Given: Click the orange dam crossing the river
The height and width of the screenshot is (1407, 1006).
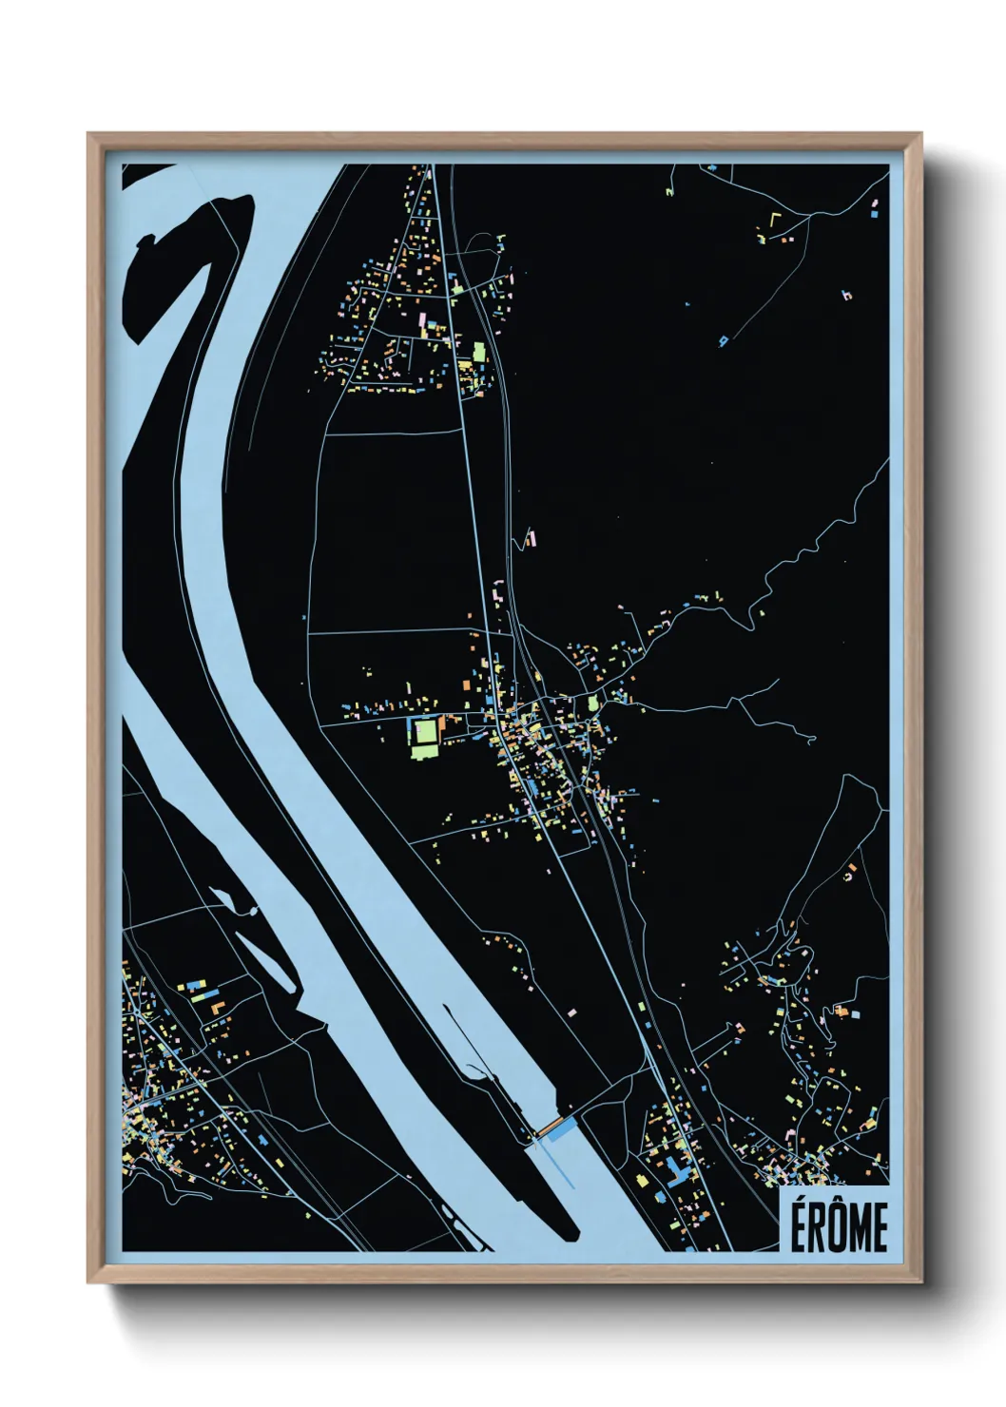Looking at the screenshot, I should pos(549,1128).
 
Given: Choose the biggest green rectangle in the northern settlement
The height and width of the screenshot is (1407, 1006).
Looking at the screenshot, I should pos(479,353).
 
